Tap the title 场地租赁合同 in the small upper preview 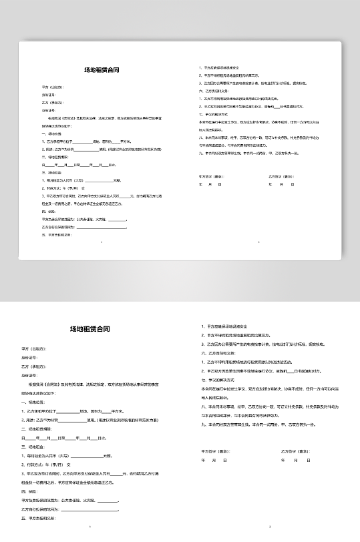coord(97,69)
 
